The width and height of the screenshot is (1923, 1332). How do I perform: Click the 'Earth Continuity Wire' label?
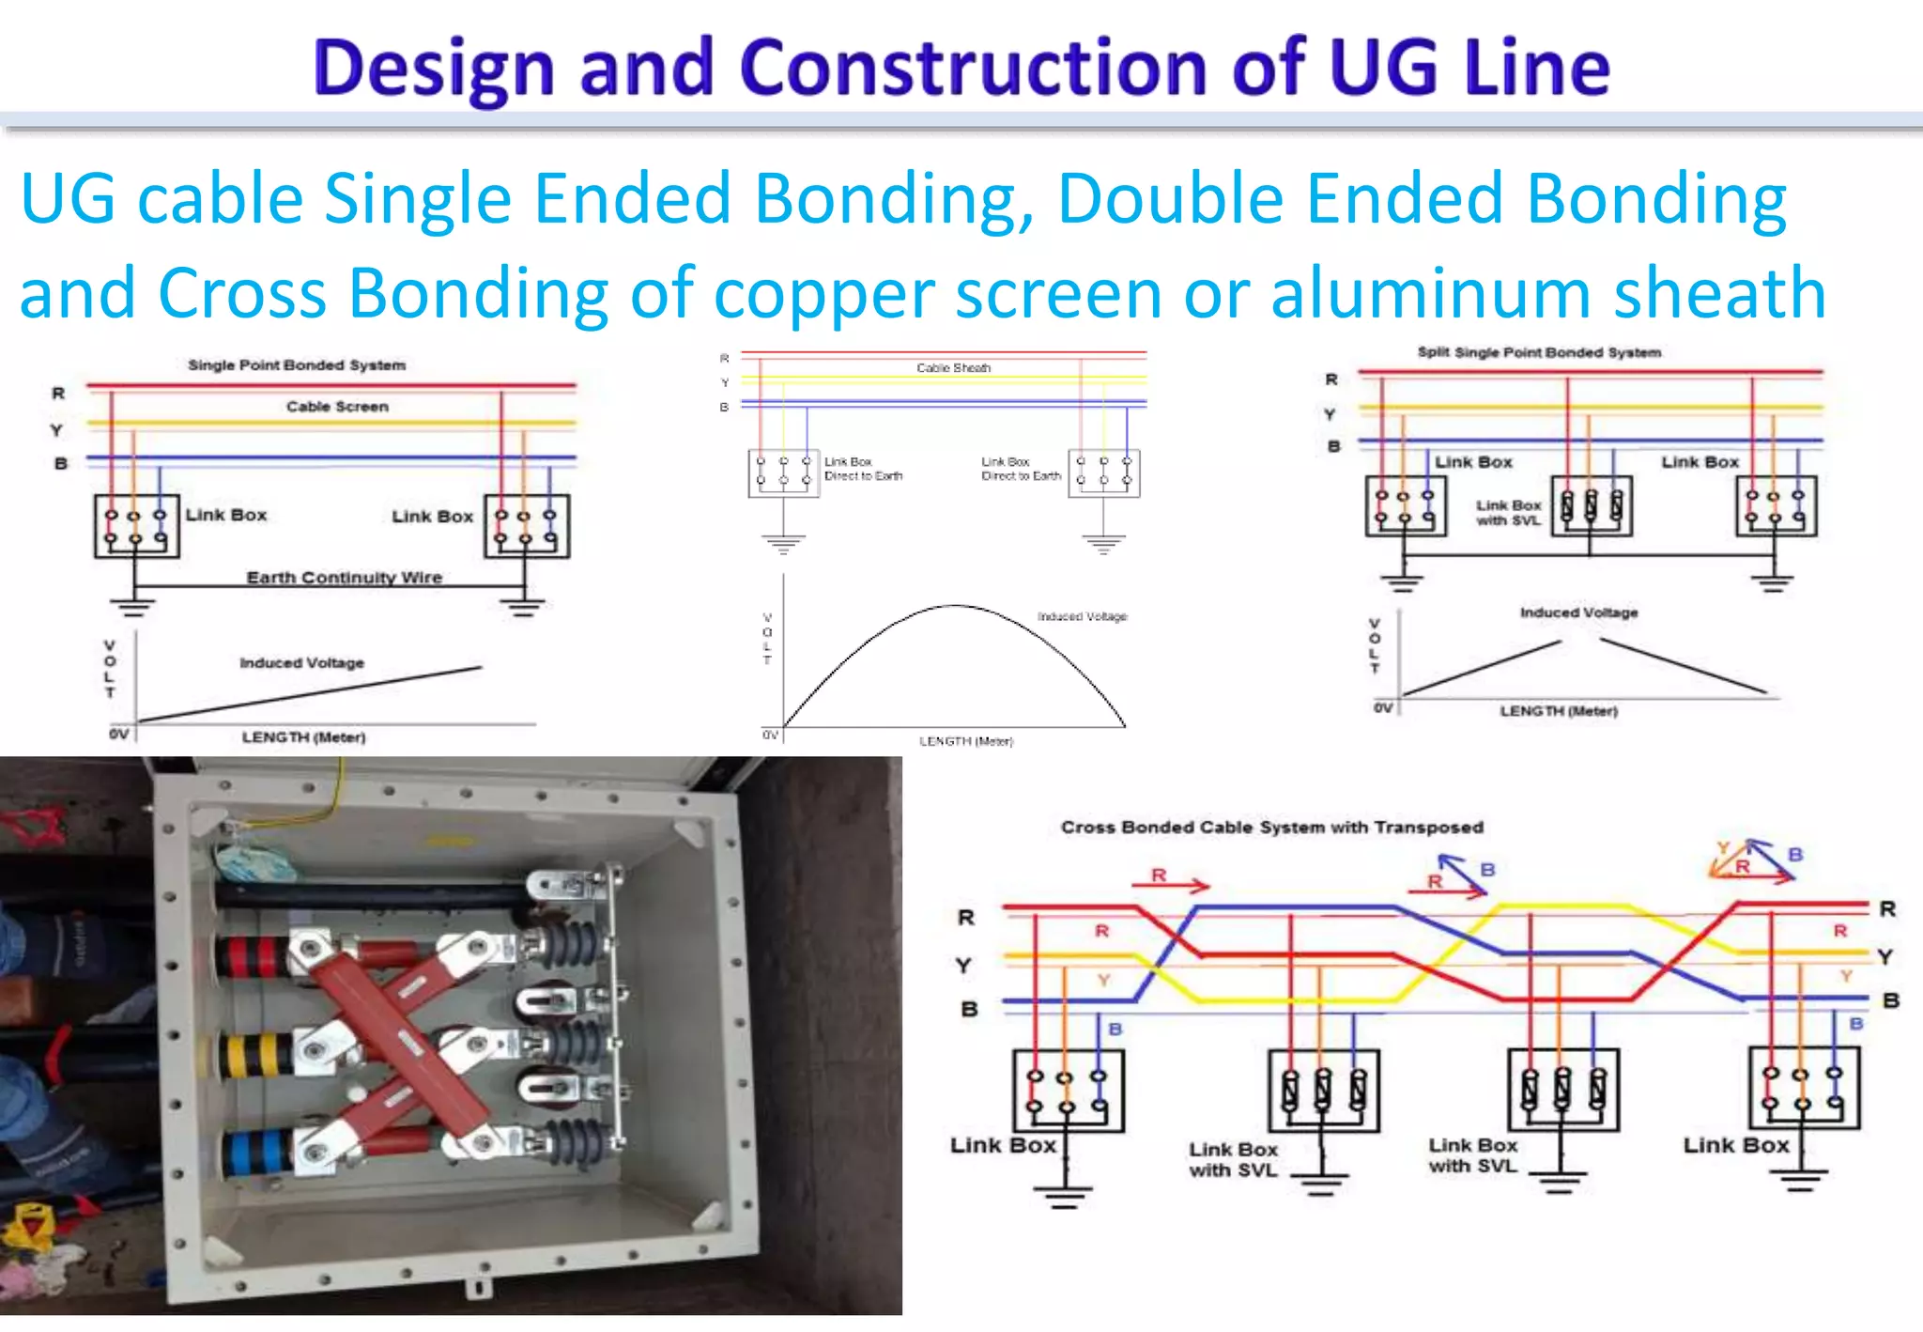[344, 577]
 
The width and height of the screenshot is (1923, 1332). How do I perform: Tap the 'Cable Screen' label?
[337, 407]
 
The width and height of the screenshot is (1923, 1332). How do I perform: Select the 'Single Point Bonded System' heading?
[297, 364]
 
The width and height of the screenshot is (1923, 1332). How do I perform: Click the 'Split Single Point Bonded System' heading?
[1539, 352]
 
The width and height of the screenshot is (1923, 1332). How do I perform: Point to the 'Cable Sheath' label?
[953, 367]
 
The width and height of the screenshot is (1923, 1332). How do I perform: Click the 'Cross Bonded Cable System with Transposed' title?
[1271, 827]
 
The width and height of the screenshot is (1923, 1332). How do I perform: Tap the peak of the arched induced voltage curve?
[955, 606]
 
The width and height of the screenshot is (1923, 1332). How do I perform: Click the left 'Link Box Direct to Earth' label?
[862, 469]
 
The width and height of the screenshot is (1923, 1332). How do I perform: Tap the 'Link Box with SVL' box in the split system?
[1592, 507]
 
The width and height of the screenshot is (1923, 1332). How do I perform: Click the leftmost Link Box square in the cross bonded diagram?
[1068, 1091]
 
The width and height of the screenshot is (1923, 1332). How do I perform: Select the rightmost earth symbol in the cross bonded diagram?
[1799, 1180]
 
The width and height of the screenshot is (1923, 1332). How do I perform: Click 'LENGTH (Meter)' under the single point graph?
[303, 737]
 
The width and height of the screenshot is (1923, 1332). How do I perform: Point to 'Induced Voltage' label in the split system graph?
[1578, 612]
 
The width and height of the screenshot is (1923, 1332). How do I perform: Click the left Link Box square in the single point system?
[136, 526]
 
